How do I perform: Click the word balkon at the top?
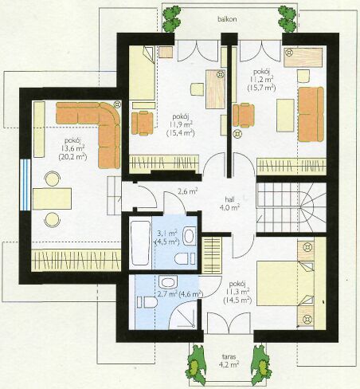[227, 19]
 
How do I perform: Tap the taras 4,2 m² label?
[229, 360]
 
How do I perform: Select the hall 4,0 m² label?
[233, 203]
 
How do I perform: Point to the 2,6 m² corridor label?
[187, 191]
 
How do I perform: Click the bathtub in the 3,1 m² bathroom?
[140, 243]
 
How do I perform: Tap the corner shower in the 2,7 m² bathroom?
[183, 316]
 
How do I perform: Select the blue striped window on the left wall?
[25, 185]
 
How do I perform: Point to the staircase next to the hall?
[291, 207]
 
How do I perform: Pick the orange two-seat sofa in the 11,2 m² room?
[311, 114]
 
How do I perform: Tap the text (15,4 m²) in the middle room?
[181, 133]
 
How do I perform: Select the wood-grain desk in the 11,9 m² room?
[215, 88]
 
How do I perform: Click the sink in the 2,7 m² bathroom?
[168, 281]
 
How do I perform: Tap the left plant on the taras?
[196, 365]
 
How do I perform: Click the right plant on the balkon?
[287, 18]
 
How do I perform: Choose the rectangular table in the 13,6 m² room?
[52, 198]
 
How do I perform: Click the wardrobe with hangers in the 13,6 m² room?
[76, 261]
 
